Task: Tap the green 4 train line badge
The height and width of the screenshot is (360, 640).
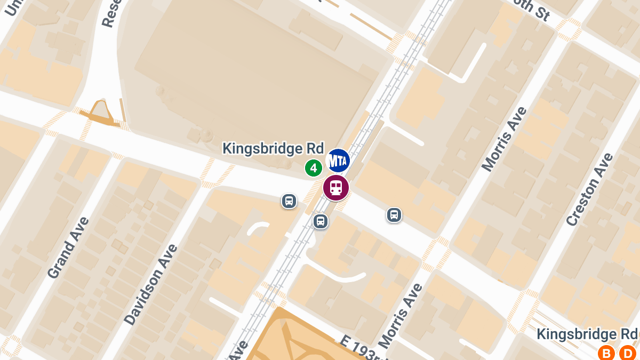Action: (x=314, y=168)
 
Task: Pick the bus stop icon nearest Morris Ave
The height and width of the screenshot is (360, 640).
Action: (x=394, y=215)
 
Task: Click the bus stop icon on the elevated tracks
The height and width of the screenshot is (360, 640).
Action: (x=321, y=221)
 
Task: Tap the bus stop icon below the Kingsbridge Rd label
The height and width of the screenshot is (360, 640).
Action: (x=289, y=201)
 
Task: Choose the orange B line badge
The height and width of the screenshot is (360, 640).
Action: (x=606, y=353)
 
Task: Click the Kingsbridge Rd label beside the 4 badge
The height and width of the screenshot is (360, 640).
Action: (x=273, y=148)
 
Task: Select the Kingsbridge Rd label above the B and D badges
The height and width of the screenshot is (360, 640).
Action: (x=587, y=334)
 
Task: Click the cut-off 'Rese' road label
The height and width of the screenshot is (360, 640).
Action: (x=113, y=13)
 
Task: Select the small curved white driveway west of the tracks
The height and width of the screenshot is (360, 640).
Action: (x=259, y=228)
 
